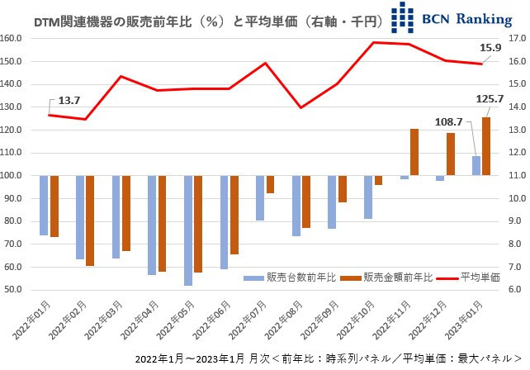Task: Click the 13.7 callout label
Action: point(69,100)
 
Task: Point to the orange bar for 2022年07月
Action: point(270,184)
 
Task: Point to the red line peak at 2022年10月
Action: point(374,42)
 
